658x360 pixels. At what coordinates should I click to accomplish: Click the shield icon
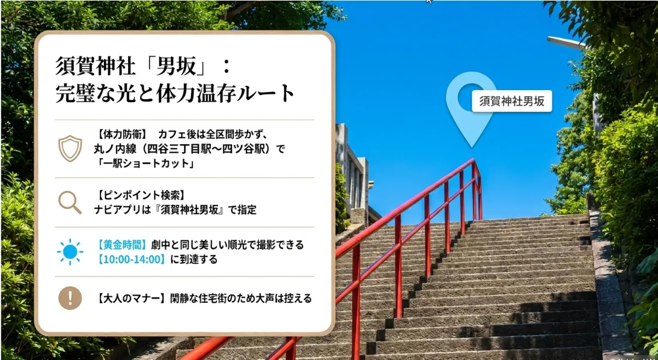(x=70, y=148)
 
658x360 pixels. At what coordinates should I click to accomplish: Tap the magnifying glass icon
(x=70, y=203)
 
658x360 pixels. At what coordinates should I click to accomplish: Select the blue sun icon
(x=70, y=252)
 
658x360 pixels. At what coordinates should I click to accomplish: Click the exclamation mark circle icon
(x=70, y=298)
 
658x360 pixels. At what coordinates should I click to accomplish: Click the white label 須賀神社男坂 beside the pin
(x=512, y=101)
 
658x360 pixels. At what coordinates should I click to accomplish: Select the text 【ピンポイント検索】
(x=139, y=195)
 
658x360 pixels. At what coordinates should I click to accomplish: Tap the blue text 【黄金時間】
(x=123, y=245)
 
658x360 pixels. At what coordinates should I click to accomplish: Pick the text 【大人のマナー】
(x=130, y=299)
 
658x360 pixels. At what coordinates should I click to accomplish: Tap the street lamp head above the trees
(x=566, y=43)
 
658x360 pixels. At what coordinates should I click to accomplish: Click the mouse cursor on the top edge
(x=428, y=2)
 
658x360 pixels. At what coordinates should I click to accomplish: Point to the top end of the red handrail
(x=473, y=160)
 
